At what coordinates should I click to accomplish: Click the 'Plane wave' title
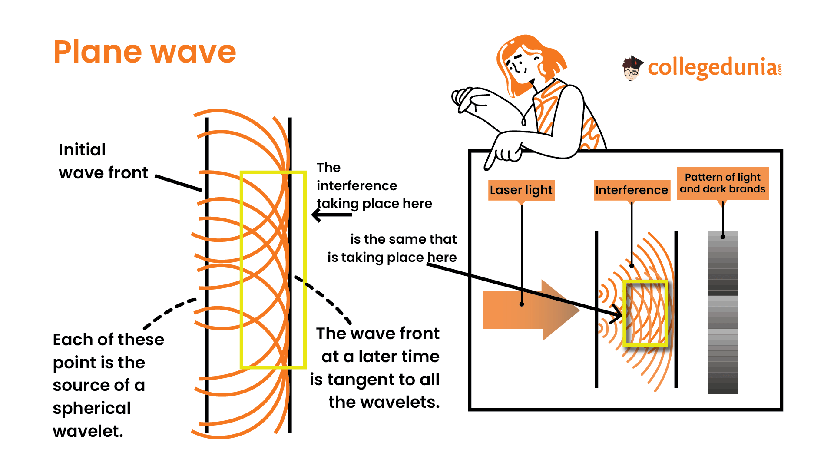point(145,52)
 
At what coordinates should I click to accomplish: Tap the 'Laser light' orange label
point(521,190)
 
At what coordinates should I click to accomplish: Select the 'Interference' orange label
point(632,190)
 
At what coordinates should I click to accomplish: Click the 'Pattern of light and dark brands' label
point(722,183)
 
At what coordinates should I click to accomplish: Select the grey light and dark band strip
point(722,313)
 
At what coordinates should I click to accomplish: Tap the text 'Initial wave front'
point(103,161)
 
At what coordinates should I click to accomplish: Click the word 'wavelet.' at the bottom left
point(88,431)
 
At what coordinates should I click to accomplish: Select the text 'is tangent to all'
point(374,380)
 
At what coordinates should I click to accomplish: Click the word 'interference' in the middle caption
point(357,186)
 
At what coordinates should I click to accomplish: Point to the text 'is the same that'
point(403,239)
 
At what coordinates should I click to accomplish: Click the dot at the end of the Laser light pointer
point(522,304)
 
